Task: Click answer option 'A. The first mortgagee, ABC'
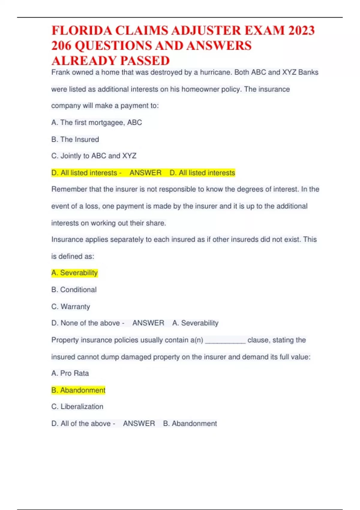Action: pyautogui.click(x=97, y=122)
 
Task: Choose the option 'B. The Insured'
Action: pyautogui.click(x=75, y=139)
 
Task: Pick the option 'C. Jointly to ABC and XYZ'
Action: pyautogui.click(x=94, y=156)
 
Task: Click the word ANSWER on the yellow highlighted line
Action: pyautogui.click(x=145, y=173)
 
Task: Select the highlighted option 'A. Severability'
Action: pyautogui.click(x=75, y=273)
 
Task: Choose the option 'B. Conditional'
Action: pyautogui.click(x=74, y=290)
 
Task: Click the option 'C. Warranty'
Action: pyautogui.click(x=71, y=307)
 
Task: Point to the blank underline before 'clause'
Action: pyautogui.click(x=225, y=341)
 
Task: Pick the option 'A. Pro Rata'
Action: pyautogui.click(x=70, y=373)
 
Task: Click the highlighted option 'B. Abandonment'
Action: pyautogui.click(x=78, y=390)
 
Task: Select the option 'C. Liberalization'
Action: pyautogui.click(x=77, y=406)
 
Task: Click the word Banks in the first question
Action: pyautogui.click(x=308, y=72)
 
